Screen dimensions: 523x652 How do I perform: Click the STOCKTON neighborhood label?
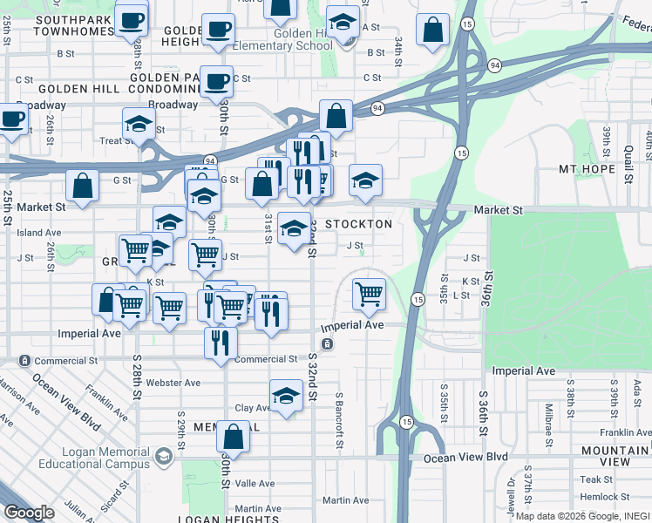click(358, 224)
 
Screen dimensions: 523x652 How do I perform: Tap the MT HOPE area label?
click(581, 169)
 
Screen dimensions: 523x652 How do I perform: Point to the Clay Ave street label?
click(253, 408)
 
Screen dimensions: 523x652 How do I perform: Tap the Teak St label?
click(597, 479)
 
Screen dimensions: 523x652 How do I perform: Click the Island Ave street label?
click(39, 233)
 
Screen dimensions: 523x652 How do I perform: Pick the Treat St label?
click(116, 141)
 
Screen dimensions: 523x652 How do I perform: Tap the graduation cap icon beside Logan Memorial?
click(162, 457)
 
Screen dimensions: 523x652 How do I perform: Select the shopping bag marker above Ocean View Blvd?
click(233, 435)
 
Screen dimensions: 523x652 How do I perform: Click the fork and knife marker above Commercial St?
click(221, 341)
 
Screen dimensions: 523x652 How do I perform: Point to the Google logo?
click(29, 513)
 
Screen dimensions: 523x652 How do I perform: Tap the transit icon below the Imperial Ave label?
click(326, 344)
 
